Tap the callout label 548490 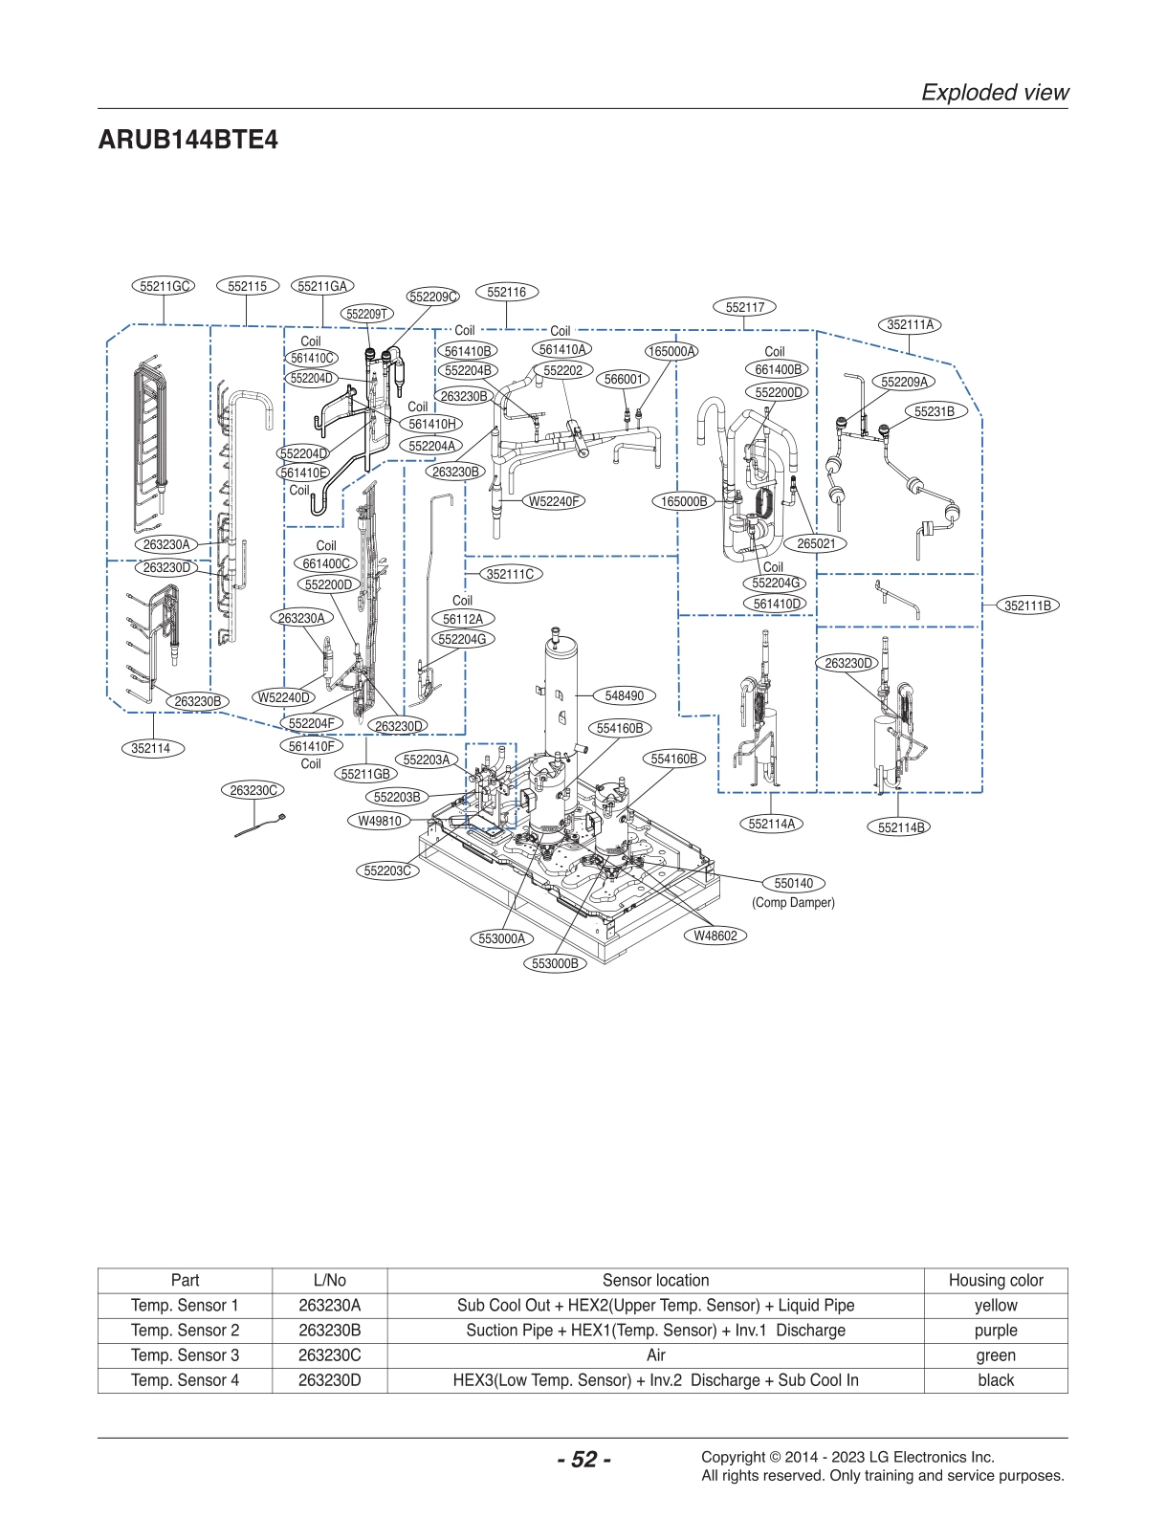click(x=624, y=696)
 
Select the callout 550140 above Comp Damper click(x=793, y=883)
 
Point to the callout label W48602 click(x=715, y=936)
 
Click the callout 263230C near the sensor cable click(x=253, y=790)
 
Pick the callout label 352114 click(x=151, y=748)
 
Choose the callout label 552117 click(x=744, y=307)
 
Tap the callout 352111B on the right click(x=1027, y=605)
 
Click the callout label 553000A click(x=502, y=938)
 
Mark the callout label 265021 click(x=816, y=543)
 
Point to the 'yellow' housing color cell click(x=995, y=1305)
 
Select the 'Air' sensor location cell click(x=655, y=1354)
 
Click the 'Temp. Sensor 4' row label click(x=185, y=1379)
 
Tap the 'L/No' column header click(x=329, y=1280)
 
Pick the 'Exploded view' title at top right click(x=994, y=92)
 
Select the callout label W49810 click(x=380, y=821)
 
